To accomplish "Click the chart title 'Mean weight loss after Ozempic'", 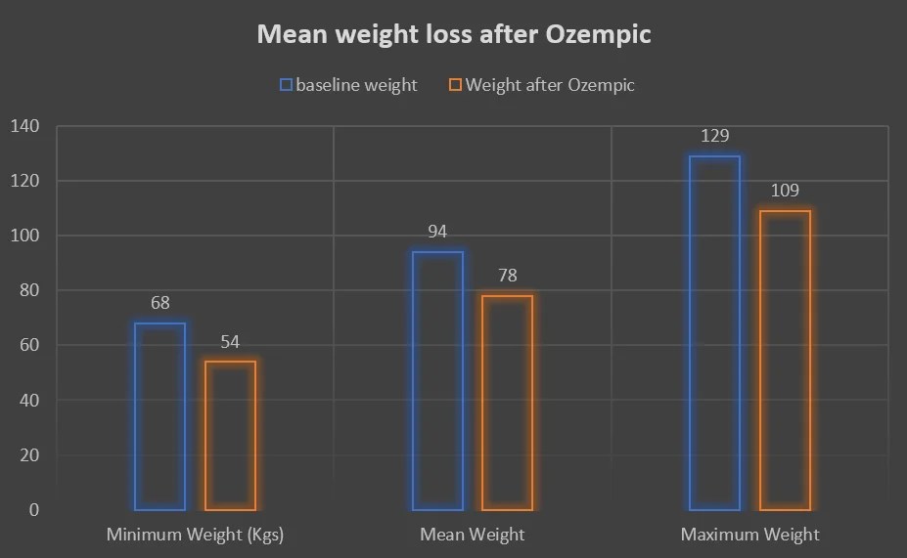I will click(454, 35).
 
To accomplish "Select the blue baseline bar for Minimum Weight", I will click(159, 416).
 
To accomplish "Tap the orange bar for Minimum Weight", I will click(230, 435).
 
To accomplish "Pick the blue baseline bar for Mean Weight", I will click(437, 381).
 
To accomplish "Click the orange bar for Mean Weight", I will click(507, 403).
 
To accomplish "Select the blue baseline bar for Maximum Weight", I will click(714, 332).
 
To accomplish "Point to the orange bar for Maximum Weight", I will click(785, 360).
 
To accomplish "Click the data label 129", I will click(714, 136).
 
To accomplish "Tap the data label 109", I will click(785, 191).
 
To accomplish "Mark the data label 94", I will click(437, 232).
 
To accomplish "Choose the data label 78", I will click(507, 276).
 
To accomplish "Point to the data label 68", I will click(159, 303).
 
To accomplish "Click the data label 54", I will click(230, 342).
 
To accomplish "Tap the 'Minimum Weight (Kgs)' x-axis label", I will click(195, 535).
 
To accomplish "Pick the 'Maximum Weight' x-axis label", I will click(749, 535).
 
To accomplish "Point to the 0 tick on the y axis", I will click(33, 509).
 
